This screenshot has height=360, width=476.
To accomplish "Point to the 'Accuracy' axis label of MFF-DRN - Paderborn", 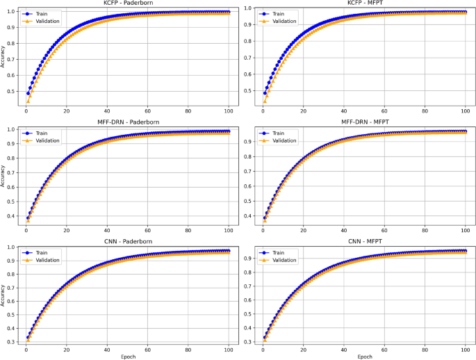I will pos(3,177).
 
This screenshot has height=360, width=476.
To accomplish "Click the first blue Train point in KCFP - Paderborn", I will pos(28,93).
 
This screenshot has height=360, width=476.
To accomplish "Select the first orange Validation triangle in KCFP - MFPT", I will pos(265,101).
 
